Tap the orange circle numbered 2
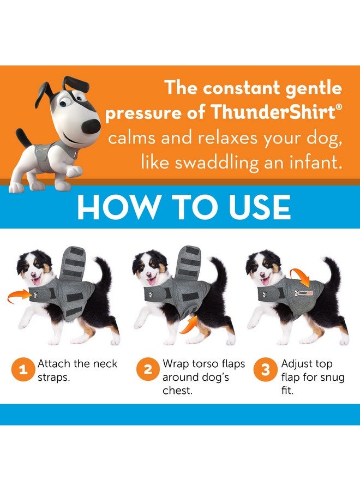148,370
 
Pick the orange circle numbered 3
266,370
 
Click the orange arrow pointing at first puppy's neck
20,298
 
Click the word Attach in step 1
54,364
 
